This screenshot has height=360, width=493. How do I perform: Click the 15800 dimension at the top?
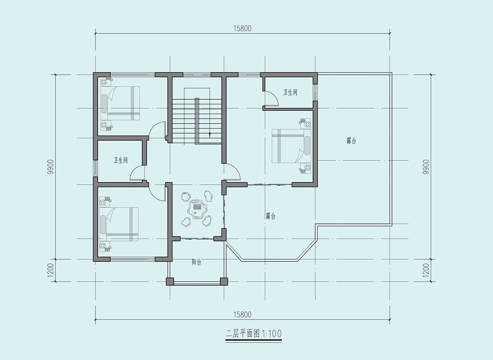(x=242, y=28)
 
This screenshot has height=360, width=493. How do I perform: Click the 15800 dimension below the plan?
(x=242, y=314)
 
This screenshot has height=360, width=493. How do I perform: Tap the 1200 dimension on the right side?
(x=426, y=270)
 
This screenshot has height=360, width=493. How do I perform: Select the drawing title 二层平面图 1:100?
(x=253, y=333)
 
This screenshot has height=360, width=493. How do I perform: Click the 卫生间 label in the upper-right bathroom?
(x=290, y=92)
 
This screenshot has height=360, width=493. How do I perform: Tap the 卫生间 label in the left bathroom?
(x=120, y=160)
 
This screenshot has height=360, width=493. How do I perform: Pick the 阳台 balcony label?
(x=197, y=262)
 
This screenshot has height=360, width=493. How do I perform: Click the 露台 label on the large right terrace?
(x=351, y=141)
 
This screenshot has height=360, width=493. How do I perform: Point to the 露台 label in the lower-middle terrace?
(x=271, y=216)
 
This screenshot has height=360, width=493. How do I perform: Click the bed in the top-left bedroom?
(x=120, y=103)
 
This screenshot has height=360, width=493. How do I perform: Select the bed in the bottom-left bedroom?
(x=119, y=224)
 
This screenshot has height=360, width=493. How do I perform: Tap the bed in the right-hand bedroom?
(x=291, y=146)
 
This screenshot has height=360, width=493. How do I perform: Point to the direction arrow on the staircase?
(x=210, y=134)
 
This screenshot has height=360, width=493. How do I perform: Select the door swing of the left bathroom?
(x=137, y=173)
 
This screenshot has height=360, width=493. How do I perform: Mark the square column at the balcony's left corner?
(x=170, y=281)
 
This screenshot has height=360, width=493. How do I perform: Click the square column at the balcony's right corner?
(x=224, y=281)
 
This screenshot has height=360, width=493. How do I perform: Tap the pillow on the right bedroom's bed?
(x=307, y=146)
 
